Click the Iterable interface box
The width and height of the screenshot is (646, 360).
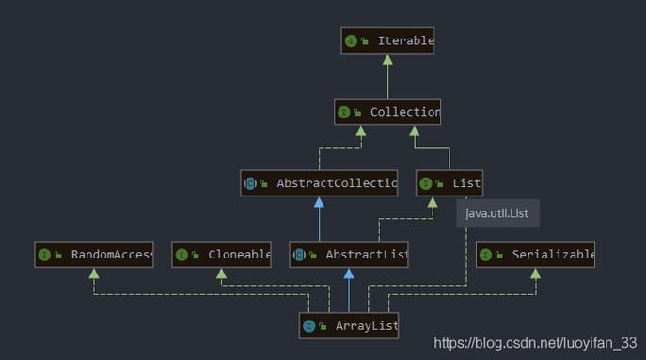point(387,41)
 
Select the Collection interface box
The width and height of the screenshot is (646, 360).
point(387,113)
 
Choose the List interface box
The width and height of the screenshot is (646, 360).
point(449,183)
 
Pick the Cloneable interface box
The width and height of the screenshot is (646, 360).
point(222,255)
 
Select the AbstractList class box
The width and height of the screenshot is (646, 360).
point(349,255)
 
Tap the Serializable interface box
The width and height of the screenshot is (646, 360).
point(536,255)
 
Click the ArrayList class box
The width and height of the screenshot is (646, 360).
point(349,327)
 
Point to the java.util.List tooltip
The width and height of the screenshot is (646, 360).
point(497,213)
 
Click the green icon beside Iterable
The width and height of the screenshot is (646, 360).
point(351,41)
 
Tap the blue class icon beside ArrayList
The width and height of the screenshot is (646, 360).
point(308,327)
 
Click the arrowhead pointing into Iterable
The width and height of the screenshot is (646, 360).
point(387,59)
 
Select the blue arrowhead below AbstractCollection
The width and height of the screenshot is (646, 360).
point(319,201)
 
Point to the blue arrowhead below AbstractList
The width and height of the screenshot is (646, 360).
point(349,273)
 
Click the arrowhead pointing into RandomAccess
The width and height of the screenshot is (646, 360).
point(93,273)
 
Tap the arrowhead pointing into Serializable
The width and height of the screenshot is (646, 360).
point(535,273)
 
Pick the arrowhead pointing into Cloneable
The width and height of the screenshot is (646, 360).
point(222,273)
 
